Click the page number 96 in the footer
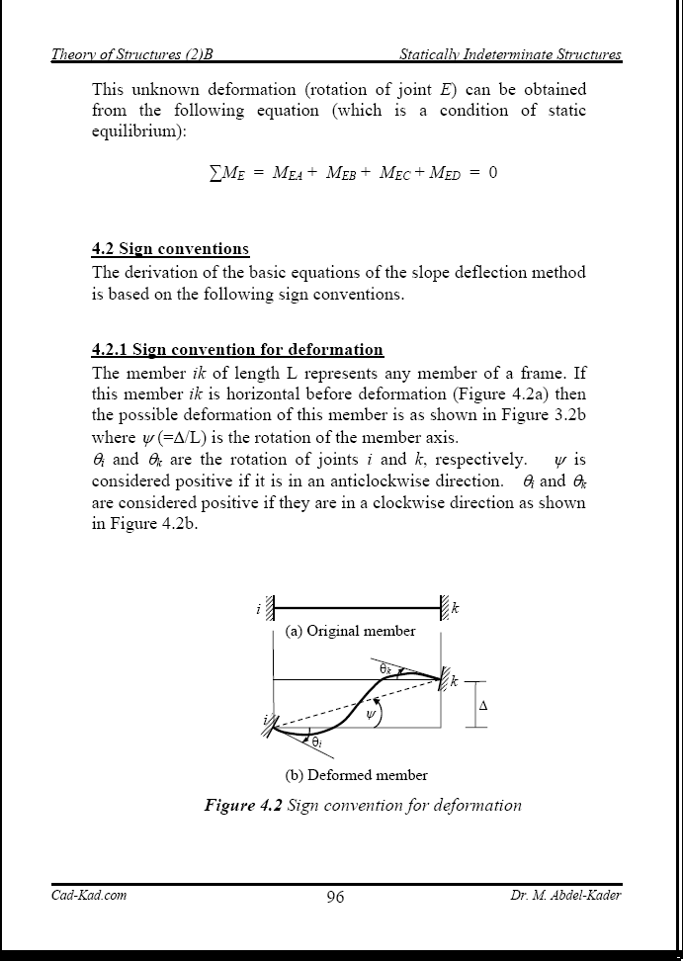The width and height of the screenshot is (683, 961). pos(335,898)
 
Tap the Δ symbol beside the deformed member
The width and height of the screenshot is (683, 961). pos(482,706)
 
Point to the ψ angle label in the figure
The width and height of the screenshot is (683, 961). pos(372,714)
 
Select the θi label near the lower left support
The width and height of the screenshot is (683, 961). pos(316,741)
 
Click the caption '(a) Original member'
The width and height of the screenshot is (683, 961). pos(350,631)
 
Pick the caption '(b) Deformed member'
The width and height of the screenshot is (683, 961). pos(356,775)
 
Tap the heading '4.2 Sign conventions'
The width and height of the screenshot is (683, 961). pos(170,248)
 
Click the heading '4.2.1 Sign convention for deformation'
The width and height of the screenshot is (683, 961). pos(237,349)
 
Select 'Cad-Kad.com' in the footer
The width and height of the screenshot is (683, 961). pos(89,896)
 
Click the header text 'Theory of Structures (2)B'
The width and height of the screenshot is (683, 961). pos(131,54)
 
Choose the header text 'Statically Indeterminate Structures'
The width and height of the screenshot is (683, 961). pos(510,54)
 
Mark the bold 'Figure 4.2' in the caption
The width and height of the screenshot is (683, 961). pos(243,805)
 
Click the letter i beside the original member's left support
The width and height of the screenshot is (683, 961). pos(258,609)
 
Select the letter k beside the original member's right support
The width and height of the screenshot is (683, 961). pos(456,609)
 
